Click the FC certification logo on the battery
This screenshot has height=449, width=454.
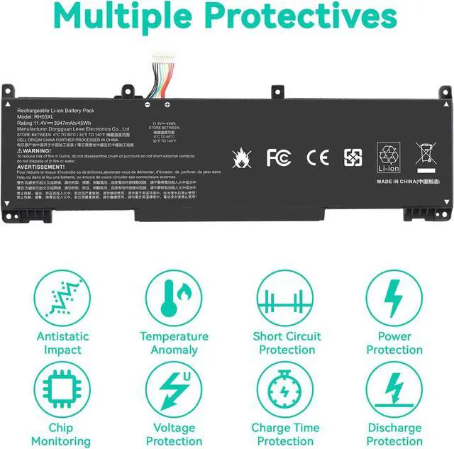(x=279, y=157)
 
